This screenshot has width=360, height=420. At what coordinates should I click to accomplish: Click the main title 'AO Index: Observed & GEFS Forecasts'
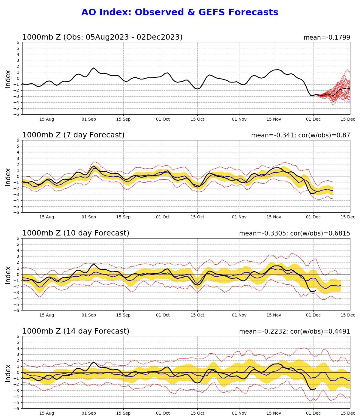tap(180, 12)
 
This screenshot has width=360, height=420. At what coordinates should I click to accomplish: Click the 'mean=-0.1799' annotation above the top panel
tap(327, 37)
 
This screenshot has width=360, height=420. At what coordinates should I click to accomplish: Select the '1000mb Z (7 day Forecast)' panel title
tap(73, 135)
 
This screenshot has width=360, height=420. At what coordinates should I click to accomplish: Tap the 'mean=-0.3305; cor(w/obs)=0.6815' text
tap(294, 233)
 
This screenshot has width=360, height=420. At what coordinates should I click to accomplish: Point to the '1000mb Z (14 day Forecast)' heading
tap(76, 331)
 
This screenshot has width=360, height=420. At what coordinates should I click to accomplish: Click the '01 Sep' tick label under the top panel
tap(89, 119)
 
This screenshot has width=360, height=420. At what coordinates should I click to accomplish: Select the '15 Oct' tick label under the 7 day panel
tap(197, 217)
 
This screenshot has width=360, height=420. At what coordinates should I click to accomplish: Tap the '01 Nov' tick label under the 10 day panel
tap(239, 315)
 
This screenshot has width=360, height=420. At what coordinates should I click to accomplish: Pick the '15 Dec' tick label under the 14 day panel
tap(348, 413)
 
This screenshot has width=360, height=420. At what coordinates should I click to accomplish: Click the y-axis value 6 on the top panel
tap(18, 42)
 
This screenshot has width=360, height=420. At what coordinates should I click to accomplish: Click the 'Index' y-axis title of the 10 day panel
tap(8, 275)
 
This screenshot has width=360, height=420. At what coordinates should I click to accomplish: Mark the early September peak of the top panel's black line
tap(94, 68)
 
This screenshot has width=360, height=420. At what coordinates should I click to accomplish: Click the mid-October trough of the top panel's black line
tap(197, 89)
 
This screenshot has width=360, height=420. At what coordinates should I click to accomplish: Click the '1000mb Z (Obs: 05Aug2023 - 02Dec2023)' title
tap(102, 37)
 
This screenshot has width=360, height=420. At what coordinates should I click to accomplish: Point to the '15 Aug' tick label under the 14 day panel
tap(47, 413)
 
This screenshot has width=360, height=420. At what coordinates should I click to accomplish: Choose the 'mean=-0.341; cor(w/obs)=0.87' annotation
tap(301, 135)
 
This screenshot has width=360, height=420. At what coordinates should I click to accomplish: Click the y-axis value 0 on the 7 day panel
tap(18, 176)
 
